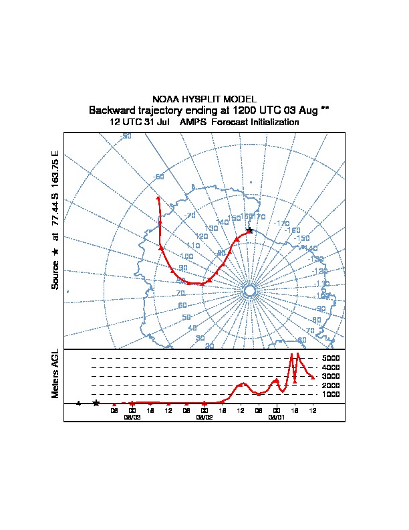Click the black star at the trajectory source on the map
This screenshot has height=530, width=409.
249,230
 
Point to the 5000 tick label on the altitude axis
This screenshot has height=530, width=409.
331,358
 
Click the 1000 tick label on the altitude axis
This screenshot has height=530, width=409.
331,394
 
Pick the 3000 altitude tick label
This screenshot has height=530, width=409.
331,376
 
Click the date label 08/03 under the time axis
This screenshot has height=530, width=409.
132,416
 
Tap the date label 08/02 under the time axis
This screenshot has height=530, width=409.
204,416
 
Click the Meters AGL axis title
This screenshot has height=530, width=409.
55,374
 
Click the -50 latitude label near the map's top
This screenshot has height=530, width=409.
126,137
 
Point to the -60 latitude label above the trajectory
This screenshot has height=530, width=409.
159,177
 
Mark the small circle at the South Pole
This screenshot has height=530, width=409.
250,290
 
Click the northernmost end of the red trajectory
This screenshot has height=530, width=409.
158,198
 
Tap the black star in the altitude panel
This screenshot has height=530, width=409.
96,403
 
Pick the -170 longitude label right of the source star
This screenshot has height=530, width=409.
282,223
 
